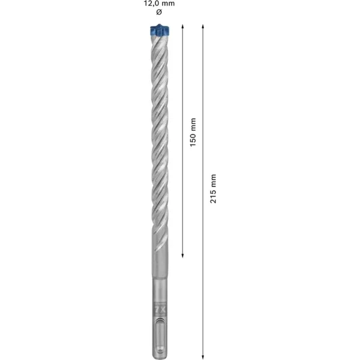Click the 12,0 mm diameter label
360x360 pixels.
[159, 4]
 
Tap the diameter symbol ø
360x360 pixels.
[159, 12]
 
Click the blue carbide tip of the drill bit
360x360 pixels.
[160, 31]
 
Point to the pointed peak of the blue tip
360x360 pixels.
[159, 24]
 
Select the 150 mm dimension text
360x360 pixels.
[193, 132]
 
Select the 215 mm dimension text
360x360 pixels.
[213, 188]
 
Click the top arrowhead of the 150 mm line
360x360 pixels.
[182, 26]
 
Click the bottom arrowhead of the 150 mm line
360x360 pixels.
[182, 256]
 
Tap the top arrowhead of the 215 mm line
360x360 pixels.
[203, 26]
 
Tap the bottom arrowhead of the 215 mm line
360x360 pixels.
[203, 357]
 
